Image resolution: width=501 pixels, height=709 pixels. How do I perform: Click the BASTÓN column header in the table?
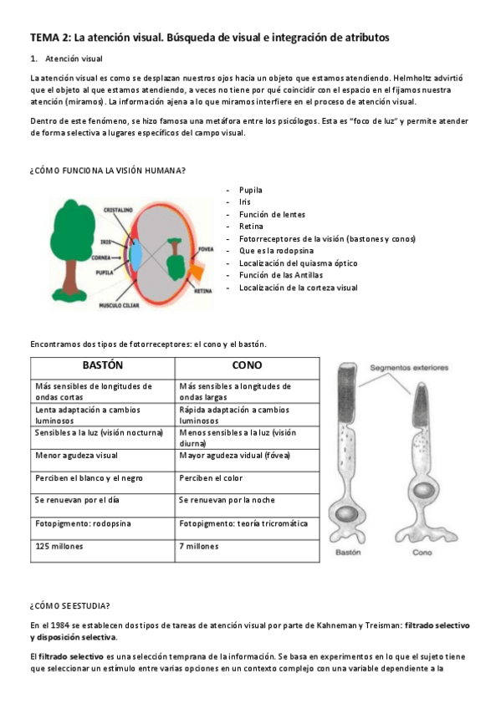(x=102, y=366)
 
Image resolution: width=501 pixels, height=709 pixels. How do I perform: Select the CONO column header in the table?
(x=247, y=366)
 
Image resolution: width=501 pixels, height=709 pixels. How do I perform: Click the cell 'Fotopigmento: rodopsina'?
(x=83, y=523)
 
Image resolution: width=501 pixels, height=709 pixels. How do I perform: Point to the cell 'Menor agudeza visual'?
(x=76, y=456)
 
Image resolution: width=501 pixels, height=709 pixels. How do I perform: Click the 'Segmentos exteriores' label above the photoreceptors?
(x=409, y=367)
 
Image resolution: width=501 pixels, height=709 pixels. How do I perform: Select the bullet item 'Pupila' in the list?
(x=250, y=190)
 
